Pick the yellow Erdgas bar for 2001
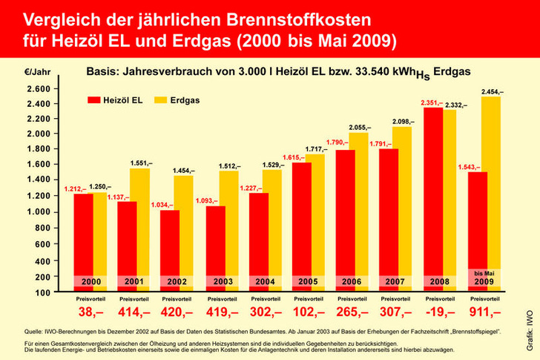tap(140, 223)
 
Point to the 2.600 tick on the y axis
tap(37, 89)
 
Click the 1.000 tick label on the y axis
tap(37, 212)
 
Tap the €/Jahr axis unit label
tap(37, 73)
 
